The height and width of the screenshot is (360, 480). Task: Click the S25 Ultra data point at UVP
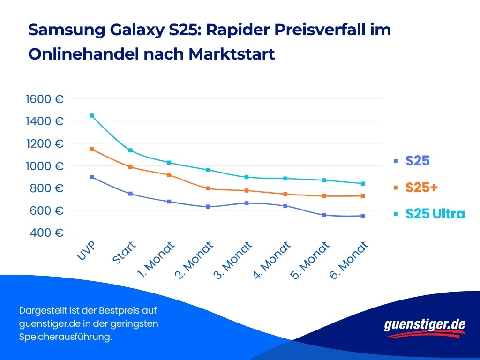pyautogui.click(x=92, y=115)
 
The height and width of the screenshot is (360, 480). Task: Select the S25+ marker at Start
pyautogui.click(x=130, y=167)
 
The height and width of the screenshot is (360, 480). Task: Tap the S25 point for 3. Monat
pyautogui.click(x=247, y=203)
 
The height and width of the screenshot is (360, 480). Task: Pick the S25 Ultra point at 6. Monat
pyautogui.click(x=363, y=184)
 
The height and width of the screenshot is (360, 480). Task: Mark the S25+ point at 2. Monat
pyautogui.click(x=208, y=188)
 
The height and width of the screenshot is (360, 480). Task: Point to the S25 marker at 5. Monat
pyautogui.click(x=324, y=215)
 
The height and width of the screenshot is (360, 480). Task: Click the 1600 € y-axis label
pyautogui.click(x=45, y=99)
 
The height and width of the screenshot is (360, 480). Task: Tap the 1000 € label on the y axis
pyautogui.click(x=45, y=166)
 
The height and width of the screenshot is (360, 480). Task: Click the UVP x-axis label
pyautogui.click(x=86, y=252)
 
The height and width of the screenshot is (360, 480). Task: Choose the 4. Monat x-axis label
pyautogui.click(x=272, y=261)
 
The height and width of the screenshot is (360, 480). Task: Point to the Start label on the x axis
pyautogui.click(x=124, y=253)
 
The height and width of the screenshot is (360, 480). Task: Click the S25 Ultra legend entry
pyautogui.click(x=435, y=214)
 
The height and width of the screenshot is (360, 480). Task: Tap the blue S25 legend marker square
pyautogui.click(x=396, y=161)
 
